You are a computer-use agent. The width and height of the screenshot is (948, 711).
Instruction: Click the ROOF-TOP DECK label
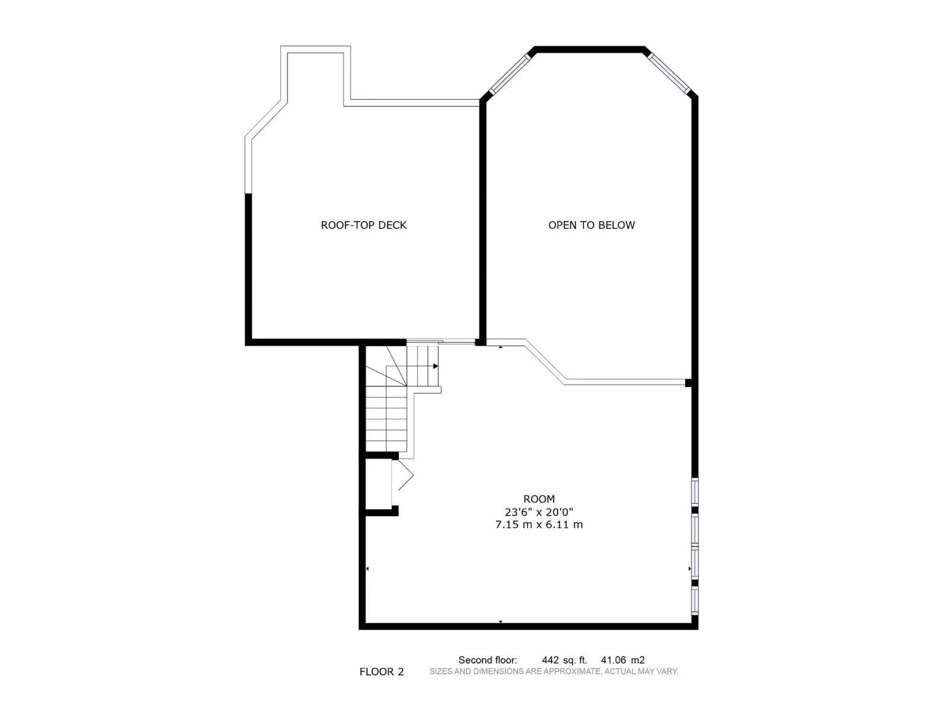coord(363,225)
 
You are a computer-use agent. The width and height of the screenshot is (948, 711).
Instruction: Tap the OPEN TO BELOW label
coord(592,225)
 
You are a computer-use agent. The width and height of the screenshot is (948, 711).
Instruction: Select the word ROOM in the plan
coord(539,499)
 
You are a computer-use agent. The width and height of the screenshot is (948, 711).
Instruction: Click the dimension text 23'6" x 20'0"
coord(539,512)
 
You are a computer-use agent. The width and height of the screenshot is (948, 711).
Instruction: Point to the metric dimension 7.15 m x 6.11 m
coord(539,525)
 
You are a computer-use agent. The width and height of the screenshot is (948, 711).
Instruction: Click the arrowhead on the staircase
coord(435,366)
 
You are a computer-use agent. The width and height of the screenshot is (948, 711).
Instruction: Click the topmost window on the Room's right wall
coord(695,492)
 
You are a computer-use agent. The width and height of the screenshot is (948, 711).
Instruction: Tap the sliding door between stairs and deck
coord(441,342)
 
